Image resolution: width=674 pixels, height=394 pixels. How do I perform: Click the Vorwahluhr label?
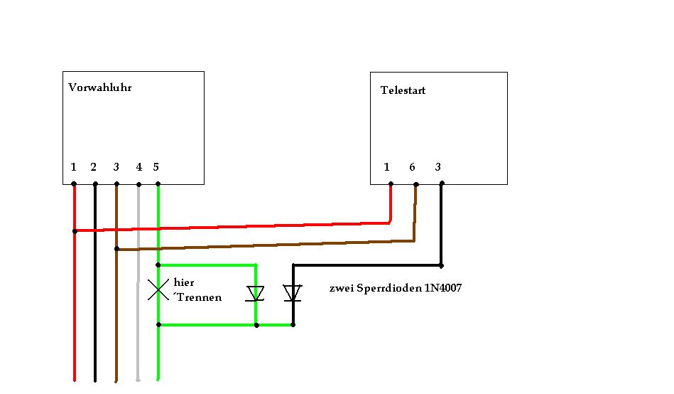(x=99, y=87)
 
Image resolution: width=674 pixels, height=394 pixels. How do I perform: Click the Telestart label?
(x=403, y=90)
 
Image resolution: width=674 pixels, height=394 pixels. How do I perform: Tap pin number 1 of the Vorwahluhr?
(x=73, y=167)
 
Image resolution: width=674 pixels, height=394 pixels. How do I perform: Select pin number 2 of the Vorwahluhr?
(x=93, y=167)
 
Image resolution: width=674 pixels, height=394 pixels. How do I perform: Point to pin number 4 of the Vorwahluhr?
(x=138, y=167)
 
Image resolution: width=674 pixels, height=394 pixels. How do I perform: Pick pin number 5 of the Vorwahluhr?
(x=156, y=167)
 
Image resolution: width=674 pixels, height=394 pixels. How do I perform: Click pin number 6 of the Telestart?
(x=412, y=167)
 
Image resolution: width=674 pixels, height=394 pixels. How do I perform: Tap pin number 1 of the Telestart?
(x=386, y=167)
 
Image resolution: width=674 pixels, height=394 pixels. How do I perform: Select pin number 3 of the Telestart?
(x=437, y=167)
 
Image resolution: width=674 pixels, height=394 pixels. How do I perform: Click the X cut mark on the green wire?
(x=158, y=289)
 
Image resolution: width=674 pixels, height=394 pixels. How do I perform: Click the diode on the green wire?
(x=256, y=294)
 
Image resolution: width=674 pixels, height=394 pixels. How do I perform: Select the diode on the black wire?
(x=293, y=293)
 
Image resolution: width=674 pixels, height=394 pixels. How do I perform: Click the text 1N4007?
(x=442, y=287)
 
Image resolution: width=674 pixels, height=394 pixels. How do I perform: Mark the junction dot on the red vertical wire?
(x=75, y=231)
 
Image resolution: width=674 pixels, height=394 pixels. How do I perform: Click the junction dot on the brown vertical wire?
(x=116, y=249)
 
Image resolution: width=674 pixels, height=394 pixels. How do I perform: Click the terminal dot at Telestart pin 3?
(x=442, y=183)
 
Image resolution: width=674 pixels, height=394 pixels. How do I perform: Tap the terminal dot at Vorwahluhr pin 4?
(x=138, y=184)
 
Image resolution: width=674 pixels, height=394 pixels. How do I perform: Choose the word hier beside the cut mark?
(x=183, y=282)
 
